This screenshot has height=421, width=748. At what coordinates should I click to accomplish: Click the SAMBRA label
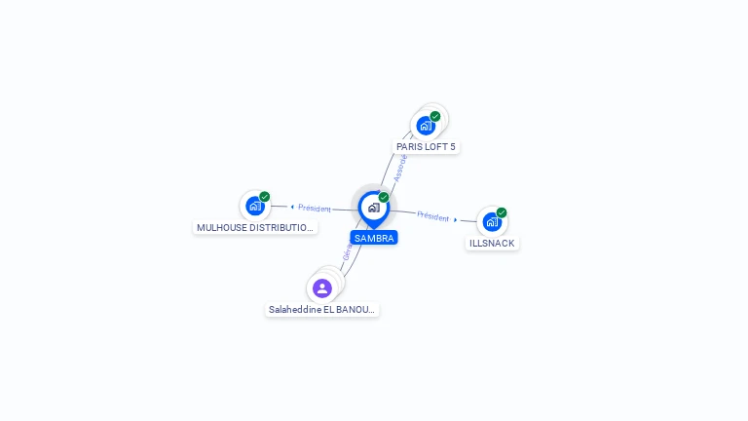click(374, 238)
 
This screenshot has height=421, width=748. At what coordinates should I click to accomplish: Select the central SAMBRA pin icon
click(373, 208)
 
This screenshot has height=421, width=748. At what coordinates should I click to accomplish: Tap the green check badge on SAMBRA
click(384, 198)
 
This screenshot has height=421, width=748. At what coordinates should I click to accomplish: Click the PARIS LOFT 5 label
click(426, 147)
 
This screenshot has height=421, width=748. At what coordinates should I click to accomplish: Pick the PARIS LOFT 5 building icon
click(426, 126)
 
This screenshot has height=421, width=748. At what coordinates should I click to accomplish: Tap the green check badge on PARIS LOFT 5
click(435, 116)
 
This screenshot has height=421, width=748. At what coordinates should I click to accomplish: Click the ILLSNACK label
click(492, 244)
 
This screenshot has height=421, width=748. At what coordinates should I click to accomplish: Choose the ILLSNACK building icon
click(492, 222)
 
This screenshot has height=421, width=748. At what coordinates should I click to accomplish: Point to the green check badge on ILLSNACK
click(502, 212)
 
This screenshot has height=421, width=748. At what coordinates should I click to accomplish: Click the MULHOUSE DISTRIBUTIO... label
click(255, 228)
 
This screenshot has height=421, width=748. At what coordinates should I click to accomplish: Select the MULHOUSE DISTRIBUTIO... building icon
click(255, 206)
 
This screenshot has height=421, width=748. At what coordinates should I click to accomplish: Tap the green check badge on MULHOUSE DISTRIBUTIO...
click(265, 196)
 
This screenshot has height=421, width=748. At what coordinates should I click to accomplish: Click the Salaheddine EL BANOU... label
click(321, 310)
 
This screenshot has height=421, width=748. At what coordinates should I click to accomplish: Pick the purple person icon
click(322, 287)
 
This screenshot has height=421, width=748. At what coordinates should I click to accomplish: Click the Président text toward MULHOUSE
click(315, 208)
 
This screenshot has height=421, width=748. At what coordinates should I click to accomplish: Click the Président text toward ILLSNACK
click(433, 215)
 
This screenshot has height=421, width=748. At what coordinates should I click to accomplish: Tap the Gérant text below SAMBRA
click(347, 251)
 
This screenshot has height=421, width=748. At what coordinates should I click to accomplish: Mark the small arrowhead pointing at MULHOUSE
click(292, 207)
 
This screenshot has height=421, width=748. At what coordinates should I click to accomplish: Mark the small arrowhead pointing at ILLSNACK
click(456, 219)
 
